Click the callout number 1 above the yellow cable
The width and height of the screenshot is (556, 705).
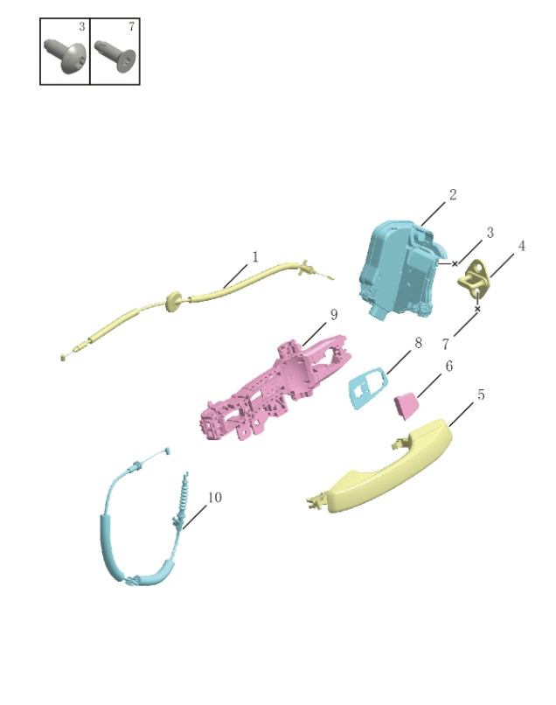point(255,257)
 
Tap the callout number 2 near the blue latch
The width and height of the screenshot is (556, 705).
point(453,195)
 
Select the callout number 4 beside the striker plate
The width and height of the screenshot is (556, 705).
point(521,247)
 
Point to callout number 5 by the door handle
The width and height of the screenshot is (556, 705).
point(481,395)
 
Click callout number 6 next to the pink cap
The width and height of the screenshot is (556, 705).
point(449,366)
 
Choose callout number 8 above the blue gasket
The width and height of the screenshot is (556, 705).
point(418,344)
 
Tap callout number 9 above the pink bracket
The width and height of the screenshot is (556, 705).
point(333,315)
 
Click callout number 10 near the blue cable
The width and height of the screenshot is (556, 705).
point(214,498)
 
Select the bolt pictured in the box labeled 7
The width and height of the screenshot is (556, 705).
point(115,56)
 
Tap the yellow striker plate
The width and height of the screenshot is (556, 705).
point(477,281)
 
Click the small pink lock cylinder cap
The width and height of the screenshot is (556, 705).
point(407,406)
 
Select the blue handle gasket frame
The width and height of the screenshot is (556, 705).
point(367,387)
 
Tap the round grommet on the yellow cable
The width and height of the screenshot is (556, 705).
point(174,302)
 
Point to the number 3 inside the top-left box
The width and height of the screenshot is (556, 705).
point(81,27)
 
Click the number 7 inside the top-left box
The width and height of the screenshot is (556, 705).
point(131,27)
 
